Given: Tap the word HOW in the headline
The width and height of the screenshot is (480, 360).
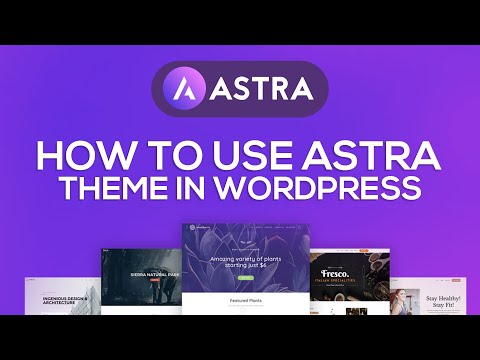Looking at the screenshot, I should pos(84,156).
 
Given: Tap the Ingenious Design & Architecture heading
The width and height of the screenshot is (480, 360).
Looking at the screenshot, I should pos(65,299).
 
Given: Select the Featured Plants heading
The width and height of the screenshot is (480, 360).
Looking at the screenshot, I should pos(239,299).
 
